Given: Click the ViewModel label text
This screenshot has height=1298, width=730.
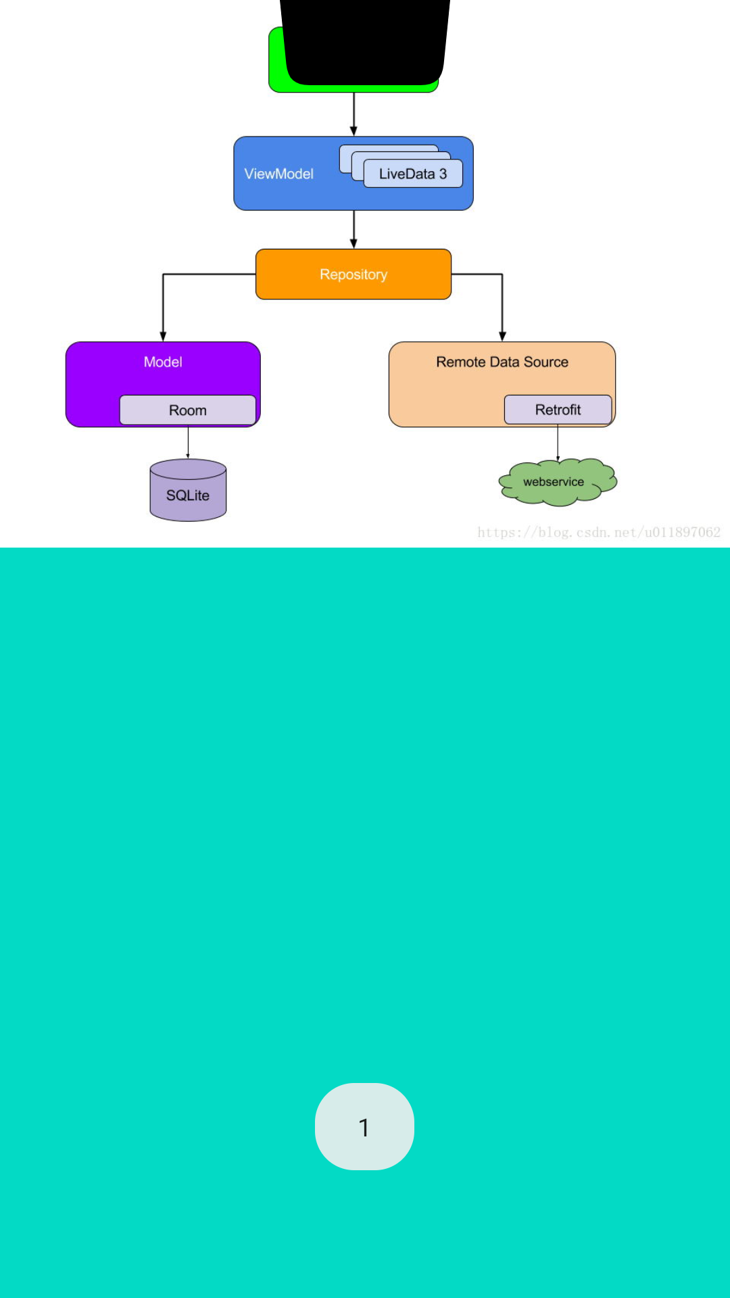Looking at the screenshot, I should (x=278, y=174).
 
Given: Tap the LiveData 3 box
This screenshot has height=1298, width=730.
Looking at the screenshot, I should (x=413, y=174).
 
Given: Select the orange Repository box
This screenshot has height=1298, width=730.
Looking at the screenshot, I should (x=353, y=274).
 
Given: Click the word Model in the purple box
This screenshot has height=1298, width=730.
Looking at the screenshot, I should (x=163, y=362).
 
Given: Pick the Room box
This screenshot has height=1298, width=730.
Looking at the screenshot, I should (x=187, y=410).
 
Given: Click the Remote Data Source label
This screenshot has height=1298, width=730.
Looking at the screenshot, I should (x=502, y=362).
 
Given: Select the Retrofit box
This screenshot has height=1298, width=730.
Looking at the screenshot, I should (x=558, y=410).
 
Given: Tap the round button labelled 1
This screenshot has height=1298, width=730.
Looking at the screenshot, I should (x=364, y=1126).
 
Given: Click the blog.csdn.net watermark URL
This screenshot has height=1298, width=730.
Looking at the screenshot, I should (x=599, y=532).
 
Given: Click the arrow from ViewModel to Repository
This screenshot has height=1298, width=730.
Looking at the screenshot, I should (x=354, y=230).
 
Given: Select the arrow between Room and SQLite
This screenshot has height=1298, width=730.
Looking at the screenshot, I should (x=188, y=443).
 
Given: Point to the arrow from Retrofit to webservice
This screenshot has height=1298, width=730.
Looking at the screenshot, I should (x=558, y=443).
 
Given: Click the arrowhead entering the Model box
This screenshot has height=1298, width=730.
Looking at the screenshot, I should (x=163, y=336).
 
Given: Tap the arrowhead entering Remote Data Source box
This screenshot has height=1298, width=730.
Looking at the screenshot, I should (x=502, y=336).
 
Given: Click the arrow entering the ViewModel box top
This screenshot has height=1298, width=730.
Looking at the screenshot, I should (x=354, y=115).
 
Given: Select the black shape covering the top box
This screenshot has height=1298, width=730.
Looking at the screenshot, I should (x=365, y=41).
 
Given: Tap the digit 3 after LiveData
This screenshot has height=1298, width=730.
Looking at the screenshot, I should (x=443, y=174).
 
